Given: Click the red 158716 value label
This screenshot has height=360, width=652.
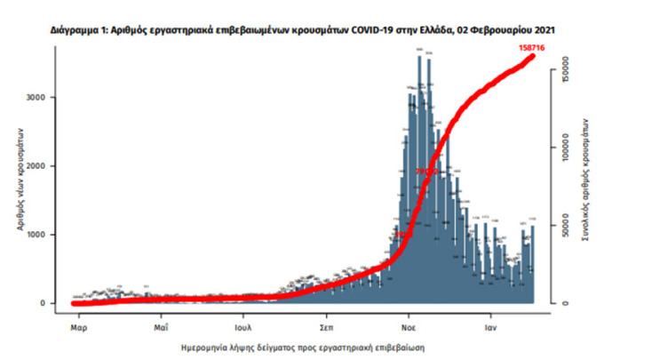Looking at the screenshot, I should [534, 45].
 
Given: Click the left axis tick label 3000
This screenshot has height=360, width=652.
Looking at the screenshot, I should [36, 97].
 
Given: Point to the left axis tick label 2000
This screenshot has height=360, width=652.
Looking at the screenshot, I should [36, 166].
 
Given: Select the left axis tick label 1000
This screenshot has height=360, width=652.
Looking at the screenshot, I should [36, 235].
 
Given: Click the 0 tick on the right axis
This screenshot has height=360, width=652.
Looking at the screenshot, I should [566, 303].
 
